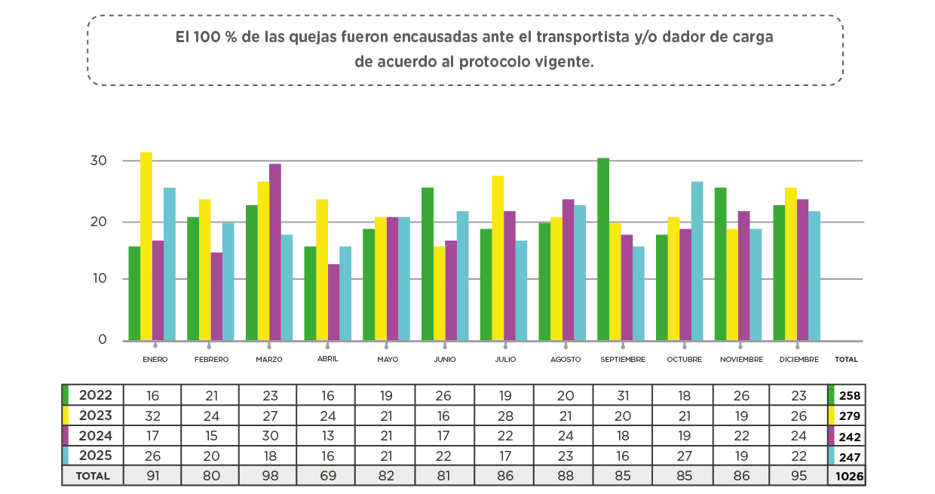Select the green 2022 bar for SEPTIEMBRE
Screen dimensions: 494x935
pyautogui.click(x=603, y=249)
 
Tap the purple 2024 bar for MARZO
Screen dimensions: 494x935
pyautogui.click(x=275, y=252)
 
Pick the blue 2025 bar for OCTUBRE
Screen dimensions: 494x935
pyautogui.click(x=697, y=261)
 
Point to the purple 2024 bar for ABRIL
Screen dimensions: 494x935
pyautogui.click(x=334, y=302)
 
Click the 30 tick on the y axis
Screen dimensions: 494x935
pyautogui.click(x=98, y=161)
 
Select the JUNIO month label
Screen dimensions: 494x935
pyautogui.click(x=445, y=360)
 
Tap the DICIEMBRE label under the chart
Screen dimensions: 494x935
pyautogui.click(x=799, y=360)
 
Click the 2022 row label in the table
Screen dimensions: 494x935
pyautogui.click(x=96, y=395)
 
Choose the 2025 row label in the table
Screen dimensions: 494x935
pyautogui.click(x=96, y=456)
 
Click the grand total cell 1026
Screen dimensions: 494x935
pyautogui.click(x=849, y=477)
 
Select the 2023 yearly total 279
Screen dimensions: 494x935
pyautogui.click(x=850, y=416)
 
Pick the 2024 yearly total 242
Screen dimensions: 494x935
pyautogui.click(x=850, y=436)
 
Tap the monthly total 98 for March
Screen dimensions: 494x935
pyautogui.click(x=268, y=476)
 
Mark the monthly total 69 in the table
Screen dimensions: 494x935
pyautogui.click(x=326, y=476)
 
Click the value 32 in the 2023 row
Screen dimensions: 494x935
pyautogui.click(x=152, y=416)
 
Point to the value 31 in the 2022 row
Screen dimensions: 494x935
pyautogui.click(x=622, y=395)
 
